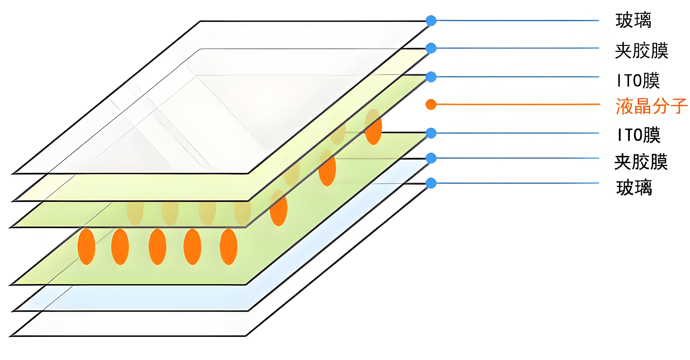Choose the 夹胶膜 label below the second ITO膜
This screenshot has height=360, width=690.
tap(641, 162)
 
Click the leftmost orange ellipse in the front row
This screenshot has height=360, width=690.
tap(86, 246)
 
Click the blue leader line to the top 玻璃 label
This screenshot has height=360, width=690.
tap(517, 20)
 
